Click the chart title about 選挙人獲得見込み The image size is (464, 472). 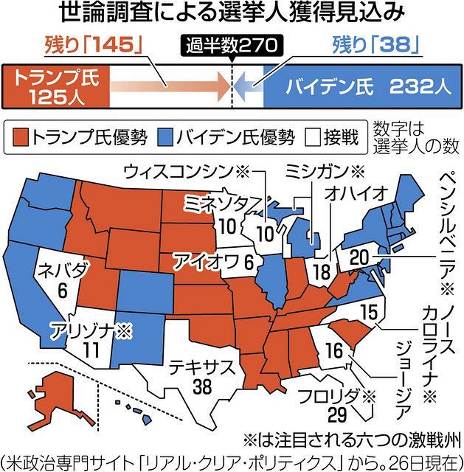232,14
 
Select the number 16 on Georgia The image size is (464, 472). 333,351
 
